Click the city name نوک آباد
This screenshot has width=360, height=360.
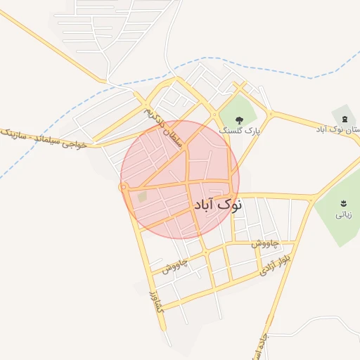coord(217,205)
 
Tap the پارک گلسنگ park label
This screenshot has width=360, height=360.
coord(238,131)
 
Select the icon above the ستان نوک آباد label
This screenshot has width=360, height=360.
coord(344,117)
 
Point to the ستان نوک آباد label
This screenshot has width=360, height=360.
coord(342,130)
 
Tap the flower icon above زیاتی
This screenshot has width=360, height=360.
coord(344,204)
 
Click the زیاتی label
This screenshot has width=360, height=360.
coord(343,215)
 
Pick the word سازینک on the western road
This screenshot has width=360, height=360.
coord(14,133)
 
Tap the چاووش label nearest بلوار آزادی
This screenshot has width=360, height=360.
coord(265,243)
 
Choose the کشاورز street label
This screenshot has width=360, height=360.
coord(155,298)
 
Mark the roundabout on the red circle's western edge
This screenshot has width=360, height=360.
coord(122,187)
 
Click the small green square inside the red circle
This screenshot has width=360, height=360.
coord(142,198)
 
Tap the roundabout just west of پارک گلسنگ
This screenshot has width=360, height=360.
coord(214,115)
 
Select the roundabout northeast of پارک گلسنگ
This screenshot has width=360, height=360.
coord(269,113)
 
